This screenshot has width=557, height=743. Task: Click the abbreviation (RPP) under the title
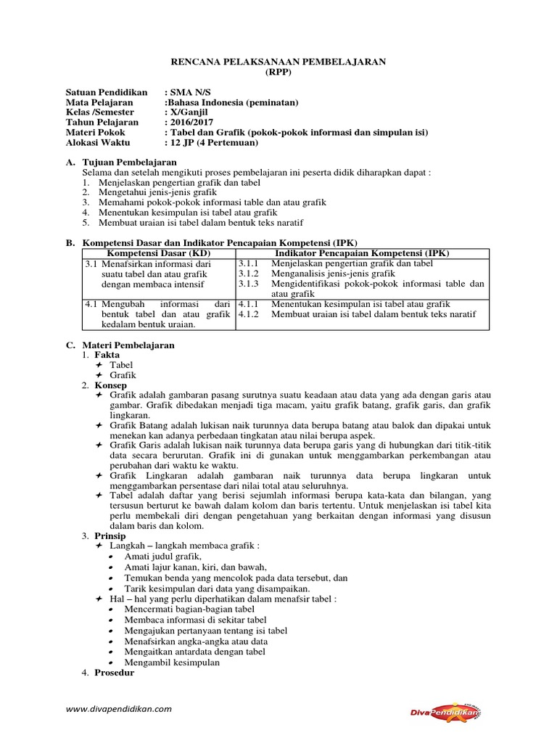(278, 73)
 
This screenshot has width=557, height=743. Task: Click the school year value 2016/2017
(189, 123)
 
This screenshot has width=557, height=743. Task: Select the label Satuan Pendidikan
(107, 92)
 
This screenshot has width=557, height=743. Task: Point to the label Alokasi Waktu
(100, 143)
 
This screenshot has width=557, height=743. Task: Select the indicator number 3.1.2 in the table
(248, 274)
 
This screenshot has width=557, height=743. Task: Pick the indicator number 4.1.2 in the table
(248, 314)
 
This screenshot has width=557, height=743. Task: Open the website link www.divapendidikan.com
(118, 709)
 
